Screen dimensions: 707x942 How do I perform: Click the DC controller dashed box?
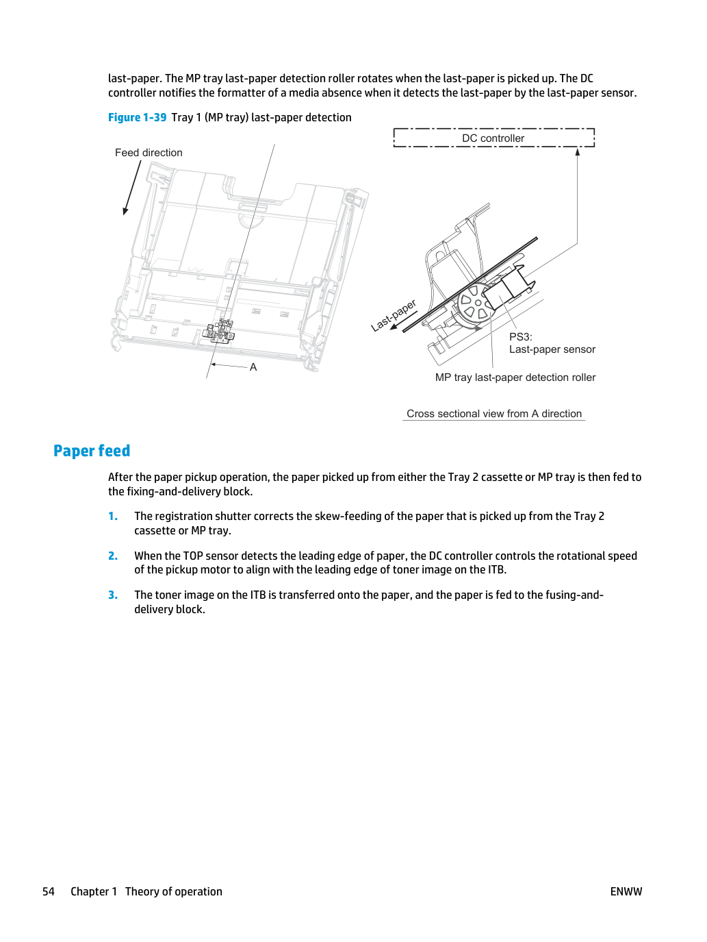pyautogui.click(x=494, y=129)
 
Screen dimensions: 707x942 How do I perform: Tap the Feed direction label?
pyautogui.click(x=149, y=153)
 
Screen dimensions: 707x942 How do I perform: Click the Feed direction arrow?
pyautogui.click(x=132, y=188)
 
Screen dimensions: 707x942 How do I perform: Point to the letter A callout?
pyautogui.click(x=253, y=367)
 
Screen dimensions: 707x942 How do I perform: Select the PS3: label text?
pyautogui.click(x=520, y=337)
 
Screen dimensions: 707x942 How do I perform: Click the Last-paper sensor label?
pyautogui.click(x=552, y=349)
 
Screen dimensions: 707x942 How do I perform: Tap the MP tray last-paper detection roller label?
pyautogui.click(x=515, y=377)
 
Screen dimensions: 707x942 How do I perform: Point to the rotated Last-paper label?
pyautogui.click(x=394, y=316)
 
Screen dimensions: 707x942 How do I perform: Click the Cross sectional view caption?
pyautogui.click(x=494, y=414)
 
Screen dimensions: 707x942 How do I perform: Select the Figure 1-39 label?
pyautogui.click(x=137, y=118)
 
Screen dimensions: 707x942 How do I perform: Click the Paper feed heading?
pyautogui.click(x=92, y=451)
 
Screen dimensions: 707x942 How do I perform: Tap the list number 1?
pyautogui.click(x=113, y=517)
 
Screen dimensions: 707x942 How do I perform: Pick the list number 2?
pyautogui.click(x=113, y=556)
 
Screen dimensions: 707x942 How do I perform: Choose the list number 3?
pyautogui.click(x=113, y=595)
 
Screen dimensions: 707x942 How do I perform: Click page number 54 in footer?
pyautogui.click(x=49, y=891)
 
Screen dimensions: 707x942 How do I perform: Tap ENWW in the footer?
pyautogui.click(x=626, y=891)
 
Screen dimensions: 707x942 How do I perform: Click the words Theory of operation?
pyautogui.click(x=174, y=891)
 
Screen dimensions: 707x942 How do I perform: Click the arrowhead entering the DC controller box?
pyautogui.click(x=578, y=151)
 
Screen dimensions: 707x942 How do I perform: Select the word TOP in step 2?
pyautogui.click(x=194, y=556)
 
